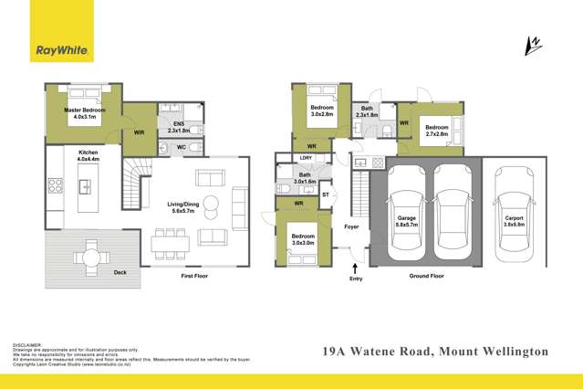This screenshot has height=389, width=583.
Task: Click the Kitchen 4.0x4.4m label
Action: (88, 155)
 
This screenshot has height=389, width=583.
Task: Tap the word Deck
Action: (120, 272)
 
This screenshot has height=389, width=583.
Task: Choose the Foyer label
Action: (351, 226)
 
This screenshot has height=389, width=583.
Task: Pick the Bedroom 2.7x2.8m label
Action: (437, 131)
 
